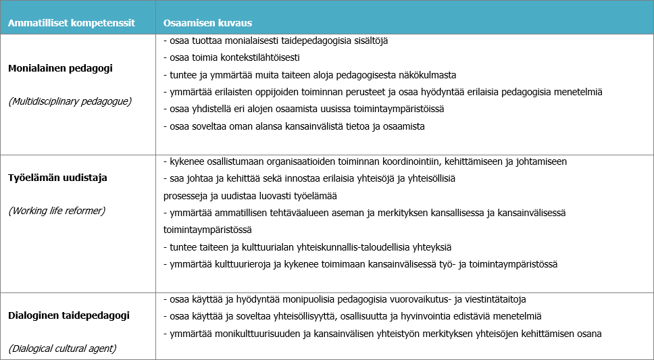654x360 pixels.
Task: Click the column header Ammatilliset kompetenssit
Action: pos(71,22)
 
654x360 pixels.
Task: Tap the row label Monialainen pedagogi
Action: pos(60,68)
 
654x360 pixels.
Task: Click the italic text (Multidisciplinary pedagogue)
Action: pos(70,101)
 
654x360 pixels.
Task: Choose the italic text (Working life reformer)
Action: pos(57,211)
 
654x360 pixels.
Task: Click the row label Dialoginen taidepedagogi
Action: pos(69,315)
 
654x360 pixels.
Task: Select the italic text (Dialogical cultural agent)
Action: pos(62,349)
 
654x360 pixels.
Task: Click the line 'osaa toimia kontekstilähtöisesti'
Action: pos(232,57)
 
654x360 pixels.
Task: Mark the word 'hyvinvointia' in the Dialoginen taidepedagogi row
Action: pos(424,316)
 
